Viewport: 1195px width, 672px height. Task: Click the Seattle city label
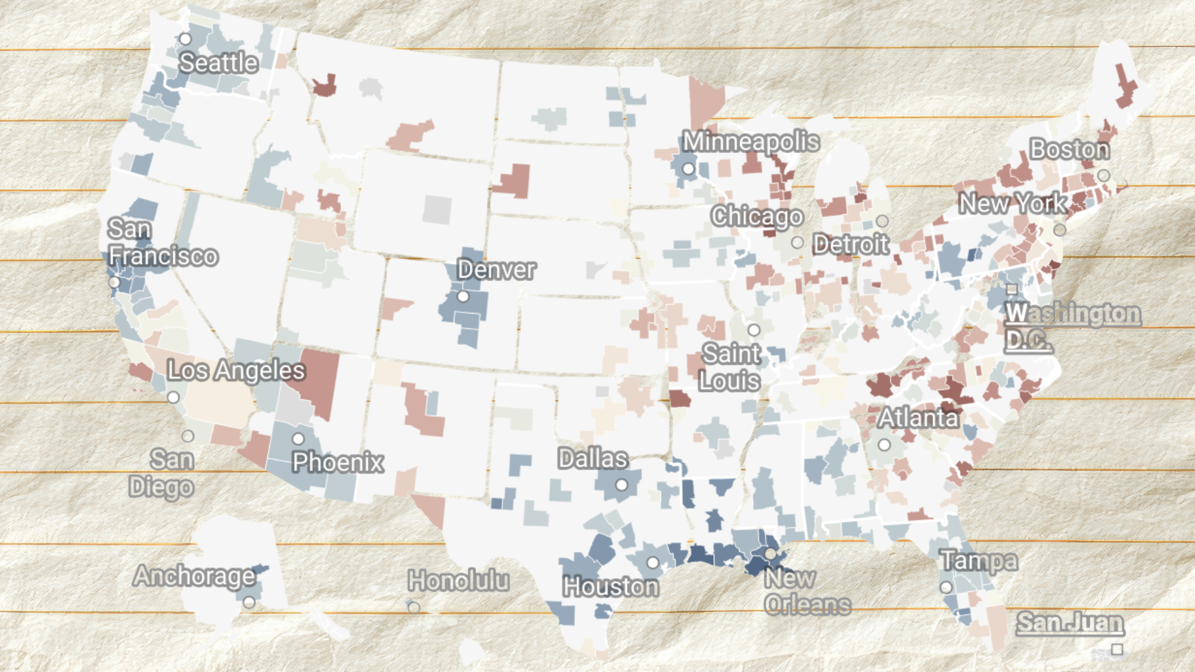click(218, 63)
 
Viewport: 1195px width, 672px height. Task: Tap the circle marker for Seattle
click(185, 39)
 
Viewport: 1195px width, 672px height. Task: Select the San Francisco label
click(162, 243)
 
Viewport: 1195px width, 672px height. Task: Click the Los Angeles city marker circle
click(173, 398)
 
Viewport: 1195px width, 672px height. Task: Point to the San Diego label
click(161, 473)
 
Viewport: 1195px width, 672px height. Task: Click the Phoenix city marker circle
click(298, 439)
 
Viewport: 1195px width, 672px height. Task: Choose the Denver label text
click(496, 270)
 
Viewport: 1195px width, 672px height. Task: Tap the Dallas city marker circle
click(621, 485)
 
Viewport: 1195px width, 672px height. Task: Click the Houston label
click(610, 587)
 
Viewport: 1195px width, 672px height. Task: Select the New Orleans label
click(807, 592)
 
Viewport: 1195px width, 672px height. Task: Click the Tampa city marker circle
click(946, 587)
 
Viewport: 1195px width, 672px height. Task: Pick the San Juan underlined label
click(1070, 623)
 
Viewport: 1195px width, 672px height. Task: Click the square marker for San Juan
click(1117, 649)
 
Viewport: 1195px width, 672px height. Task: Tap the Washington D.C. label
click(1072, 326)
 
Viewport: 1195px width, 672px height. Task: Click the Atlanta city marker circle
click(884, 445)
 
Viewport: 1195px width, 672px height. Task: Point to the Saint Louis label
click(730, 367)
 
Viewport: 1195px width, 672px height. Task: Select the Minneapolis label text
click(750, 141)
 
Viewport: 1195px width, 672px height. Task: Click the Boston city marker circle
click(1104, 175)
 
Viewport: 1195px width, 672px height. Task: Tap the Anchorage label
click(194, 576)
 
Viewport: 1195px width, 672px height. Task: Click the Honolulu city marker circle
click(414, 607)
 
